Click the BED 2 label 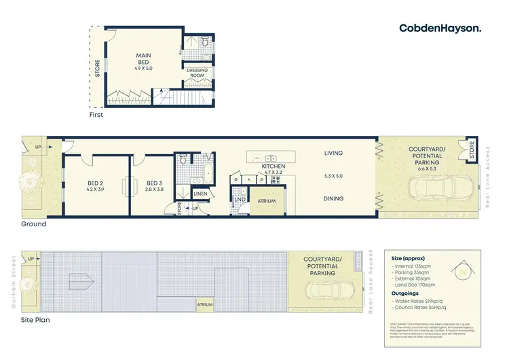[x=95, y=185]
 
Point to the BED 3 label [x=156, y=185]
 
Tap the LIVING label [x=333, y=154]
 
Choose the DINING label [x=333, y=199]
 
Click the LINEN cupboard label [x=200, y=195]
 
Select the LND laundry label [x=240, y=200]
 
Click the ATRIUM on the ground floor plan [x=267, y=202]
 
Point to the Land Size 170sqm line [x=417, y=285]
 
